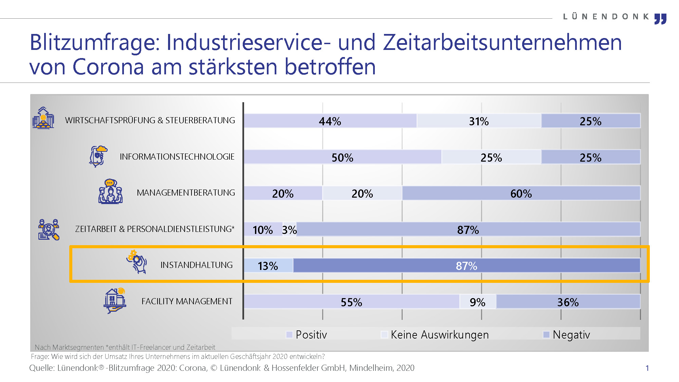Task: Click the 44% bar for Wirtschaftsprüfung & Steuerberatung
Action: tap(330, 121)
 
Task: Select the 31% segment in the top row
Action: tap(479, 121)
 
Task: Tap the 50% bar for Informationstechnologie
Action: tap(342, 157)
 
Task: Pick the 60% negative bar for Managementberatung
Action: tap(521, 194)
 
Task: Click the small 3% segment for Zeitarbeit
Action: tap(290, 230)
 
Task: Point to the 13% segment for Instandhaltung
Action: tap(268, 266)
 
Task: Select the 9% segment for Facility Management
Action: tap(477, 302)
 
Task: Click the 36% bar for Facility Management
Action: tap(568, 302)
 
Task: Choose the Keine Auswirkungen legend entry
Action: tap(435, 334)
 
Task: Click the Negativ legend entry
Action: tap(567, 334)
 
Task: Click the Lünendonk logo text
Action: tap(606, 17)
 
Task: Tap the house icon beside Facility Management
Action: tap(115, 300)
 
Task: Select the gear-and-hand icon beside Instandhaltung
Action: tap(137, 262)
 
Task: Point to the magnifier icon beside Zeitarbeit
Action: tap(49, 230)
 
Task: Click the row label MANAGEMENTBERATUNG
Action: tap(186, 193)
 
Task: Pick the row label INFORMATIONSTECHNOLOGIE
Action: tap(177, 157)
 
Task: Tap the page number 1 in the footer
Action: tap(647, 368)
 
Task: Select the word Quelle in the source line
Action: tap(41, 368)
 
